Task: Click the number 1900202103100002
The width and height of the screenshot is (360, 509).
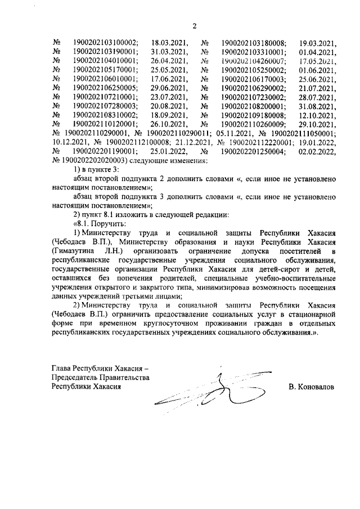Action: tap(105, 42)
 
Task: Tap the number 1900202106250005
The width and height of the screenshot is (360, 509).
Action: tap(105, 88)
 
